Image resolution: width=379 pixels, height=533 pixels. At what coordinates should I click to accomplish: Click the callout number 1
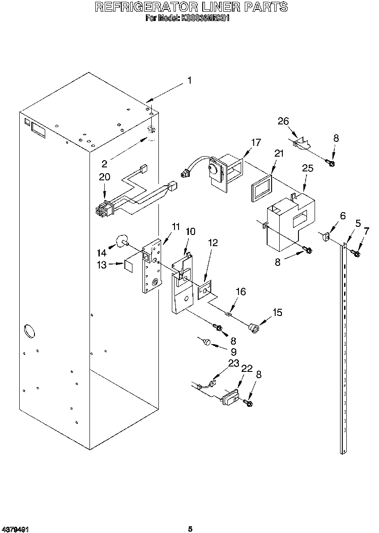point(189,81)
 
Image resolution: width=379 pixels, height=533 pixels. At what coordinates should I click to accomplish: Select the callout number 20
point(104,177)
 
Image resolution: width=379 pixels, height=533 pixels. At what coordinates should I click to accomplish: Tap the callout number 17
point(256,143)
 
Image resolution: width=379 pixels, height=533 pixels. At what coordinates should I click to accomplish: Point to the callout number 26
point(283,121)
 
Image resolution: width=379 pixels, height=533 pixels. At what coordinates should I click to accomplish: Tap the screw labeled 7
point(357,254)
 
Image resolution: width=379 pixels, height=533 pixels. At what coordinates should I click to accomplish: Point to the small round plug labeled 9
point(206,342)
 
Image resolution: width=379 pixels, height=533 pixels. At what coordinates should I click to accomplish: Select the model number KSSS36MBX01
point(205,18)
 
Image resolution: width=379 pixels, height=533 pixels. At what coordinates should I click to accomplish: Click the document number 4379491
point(16,529)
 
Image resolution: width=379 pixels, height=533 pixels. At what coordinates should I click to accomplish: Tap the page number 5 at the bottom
point(190,529)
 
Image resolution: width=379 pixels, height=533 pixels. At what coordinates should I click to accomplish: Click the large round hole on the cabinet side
point(28,332)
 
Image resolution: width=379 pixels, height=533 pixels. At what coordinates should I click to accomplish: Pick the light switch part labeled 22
point(230,397)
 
